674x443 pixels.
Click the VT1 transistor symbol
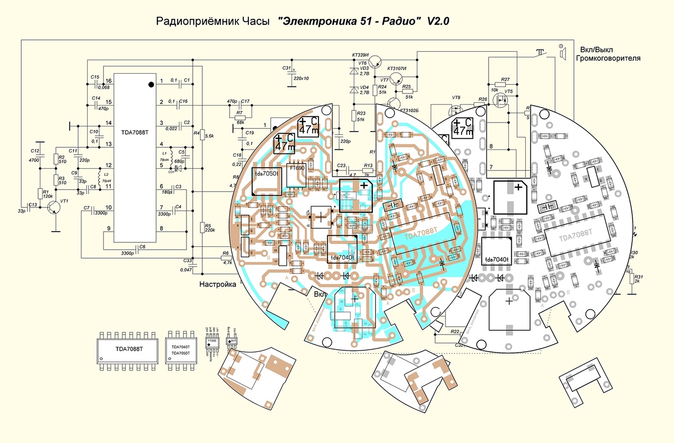(x=54, y=207)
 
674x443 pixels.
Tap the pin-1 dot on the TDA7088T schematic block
(x=151, y=84)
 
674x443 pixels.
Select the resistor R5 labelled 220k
(x=202, y=228)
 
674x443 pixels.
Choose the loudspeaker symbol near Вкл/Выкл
(x=561, y=52)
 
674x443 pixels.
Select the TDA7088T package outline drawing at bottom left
(x=129, y=349)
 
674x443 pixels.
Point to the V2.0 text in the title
(x=439, y=21)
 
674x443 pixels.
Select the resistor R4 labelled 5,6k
(x=202, y=135)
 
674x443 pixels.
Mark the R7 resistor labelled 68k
(x=240, y=114)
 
